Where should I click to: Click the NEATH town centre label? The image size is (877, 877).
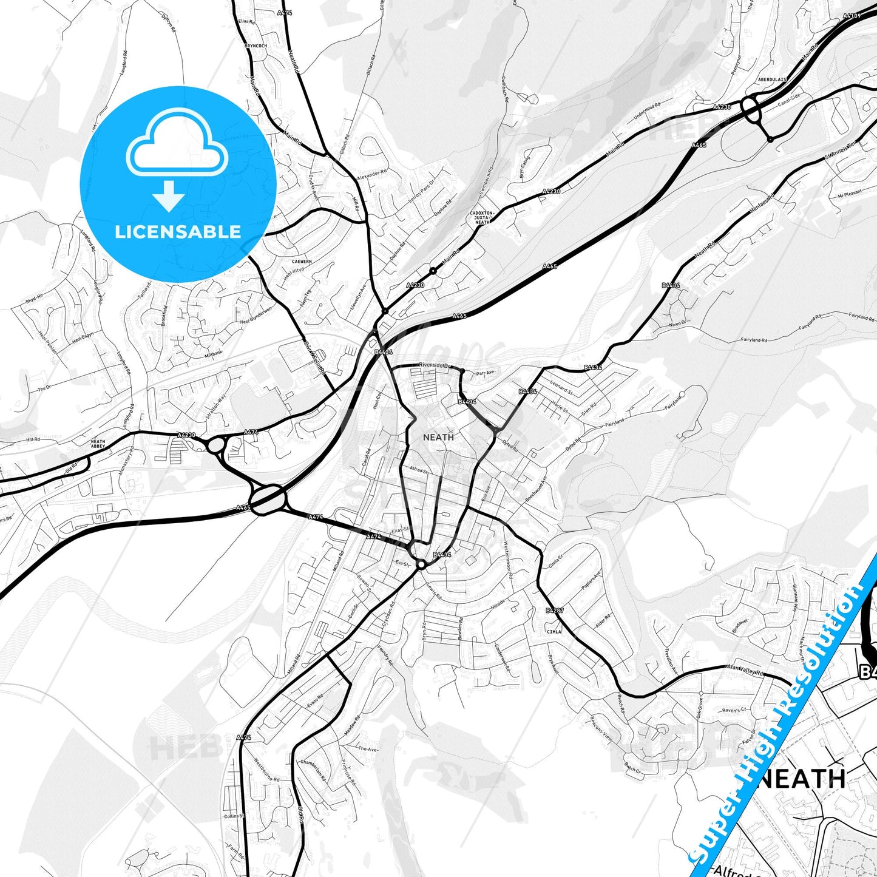coord(438,437)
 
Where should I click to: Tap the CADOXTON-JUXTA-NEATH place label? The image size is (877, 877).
coord(483,218)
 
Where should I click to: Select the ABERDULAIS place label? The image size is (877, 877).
coord(771,80)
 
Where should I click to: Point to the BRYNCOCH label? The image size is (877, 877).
coord(256,46)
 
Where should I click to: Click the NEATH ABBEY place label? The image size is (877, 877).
coord(98,444)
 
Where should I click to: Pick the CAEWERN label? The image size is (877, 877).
coord(302,262)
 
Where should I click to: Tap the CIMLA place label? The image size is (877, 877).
coord(554,631)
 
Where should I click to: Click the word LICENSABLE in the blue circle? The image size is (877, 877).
coord(178,232)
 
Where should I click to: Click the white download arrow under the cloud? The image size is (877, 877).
coord(169,195)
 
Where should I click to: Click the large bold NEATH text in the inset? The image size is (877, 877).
coord(802,779)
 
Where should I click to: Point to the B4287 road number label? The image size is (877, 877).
coord(554,611)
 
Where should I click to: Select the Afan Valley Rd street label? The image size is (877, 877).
coord(745,670)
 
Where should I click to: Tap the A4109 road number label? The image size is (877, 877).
coord(852,16)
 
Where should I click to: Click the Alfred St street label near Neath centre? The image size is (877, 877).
coord(419,470)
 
